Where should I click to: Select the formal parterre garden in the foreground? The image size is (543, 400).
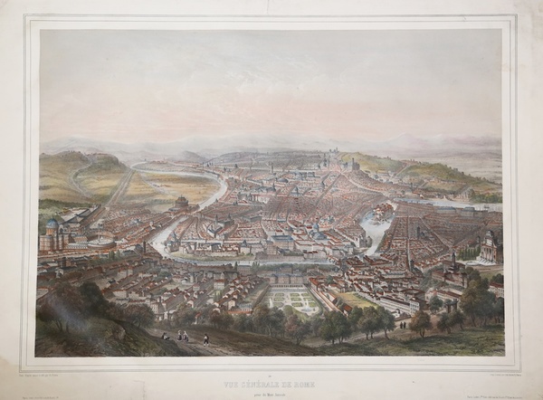coord(293,298)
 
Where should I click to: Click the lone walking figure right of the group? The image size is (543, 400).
coord(206,339)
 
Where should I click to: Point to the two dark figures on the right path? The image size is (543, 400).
coord(404,323)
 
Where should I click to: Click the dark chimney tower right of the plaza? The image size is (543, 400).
coord(143,247)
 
